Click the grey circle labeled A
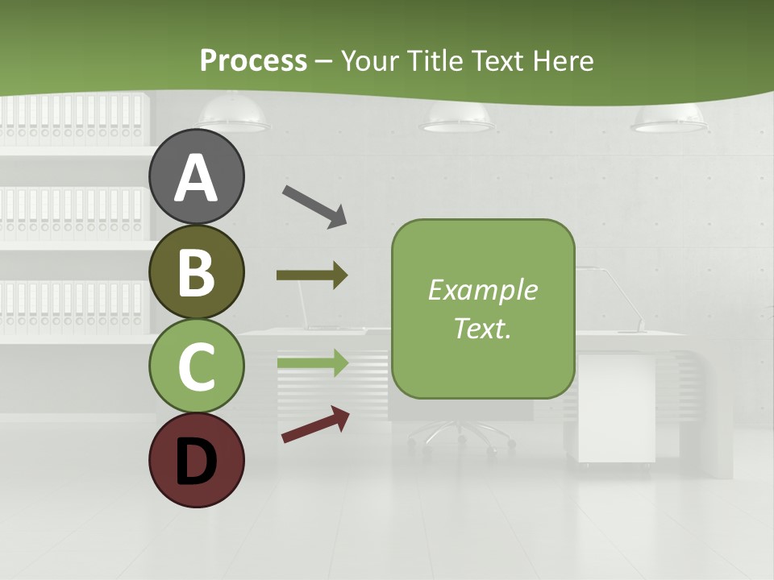point(197,176)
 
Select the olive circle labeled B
point(197,271)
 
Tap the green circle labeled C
point(197,366)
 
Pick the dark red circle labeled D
point(197,460)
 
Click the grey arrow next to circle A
point(314,205)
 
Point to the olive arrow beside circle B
point(311,275)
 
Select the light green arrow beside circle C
point(312,362)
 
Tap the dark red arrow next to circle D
point(315,425)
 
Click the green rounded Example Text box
point(483,309)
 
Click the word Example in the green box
point(483,290)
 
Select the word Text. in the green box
point(483,329)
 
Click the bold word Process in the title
point(253,60)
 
